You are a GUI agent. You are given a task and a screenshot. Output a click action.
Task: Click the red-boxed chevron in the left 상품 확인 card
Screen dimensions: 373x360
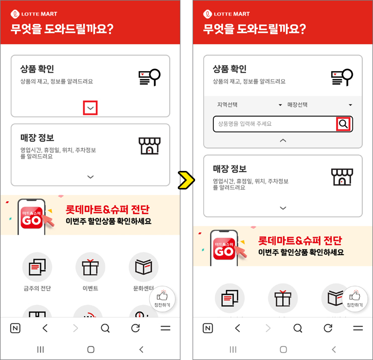90,108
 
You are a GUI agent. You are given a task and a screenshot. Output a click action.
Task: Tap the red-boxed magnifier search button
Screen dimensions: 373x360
343,124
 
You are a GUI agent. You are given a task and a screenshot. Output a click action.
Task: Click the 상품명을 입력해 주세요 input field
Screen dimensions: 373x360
275,124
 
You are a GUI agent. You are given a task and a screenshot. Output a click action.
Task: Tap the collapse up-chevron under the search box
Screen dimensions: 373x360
283,140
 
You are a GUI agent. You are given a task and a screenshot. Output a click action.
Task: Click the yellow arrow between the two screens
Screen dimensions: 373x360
186,180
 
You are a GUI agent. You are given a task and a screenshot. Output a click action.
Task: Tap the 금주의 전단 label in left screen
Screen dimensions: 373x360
37,288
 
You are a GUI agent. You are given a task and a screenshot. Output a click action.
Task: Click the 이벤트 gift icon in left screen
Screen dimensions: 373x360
90,267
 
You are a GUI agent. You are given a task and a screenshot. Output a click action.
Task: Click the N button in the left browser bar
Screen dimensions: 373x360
15,328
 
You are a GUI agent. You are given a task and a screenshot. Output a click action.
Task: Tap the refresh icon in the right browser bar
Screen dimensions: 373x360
328,328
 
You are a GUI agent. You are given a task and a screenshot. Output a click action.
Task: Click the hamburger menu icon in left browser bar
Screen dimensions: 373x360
165,328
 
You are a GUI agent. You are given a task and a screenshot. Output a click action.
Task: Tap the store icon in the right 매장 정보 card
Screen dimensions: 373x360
342,177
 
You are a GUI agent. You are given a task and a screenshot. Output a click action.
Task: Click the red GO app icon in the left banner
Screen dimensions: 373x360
31,218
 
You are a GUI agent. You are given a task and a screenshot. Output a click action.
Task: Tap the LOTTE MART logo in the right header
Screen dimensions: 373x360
226,14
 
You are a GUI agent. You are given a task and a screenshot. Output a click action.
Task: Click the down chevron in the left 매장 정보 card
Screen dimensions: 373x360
90,177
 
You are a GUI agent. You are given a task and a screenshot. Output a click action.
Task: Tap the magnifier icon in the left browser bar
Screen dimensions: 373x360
105,328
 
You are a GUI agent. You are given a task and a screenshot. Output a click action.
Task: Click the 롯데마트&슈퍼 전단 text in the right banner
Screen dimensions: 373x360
300,241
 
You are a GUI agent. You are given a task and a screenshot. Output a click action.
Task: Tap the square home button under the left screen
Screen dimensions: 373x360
91,349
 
